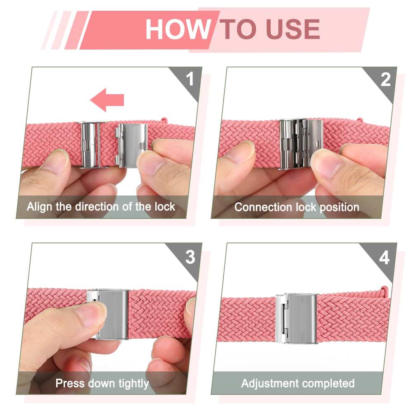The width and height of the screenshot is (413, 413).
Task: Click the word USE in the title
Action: pos(293,29)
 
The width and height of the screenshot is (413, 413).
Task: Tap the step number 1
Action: pos(190,78)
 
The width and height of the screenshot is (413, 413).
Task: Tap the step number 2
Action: pos(385,79)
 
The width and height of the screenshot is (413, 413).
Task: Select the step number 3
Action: pos(190,257)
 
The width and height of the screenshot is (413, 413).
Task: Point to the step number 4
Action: pos(384,258)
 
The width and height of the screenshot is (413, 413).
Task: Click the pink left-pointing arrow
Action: pos(107,100)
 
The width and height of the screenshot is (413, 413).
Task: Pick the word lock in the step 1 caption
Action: pos(165,206)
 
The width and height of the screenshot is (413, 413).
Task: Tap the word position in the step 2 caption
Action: pos(339,208)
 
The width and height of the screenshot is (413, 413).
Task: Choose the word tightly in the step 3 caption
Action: pos(133,384)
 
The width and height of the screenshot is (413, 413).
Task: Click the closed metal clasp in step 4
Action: pos(296,318)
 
